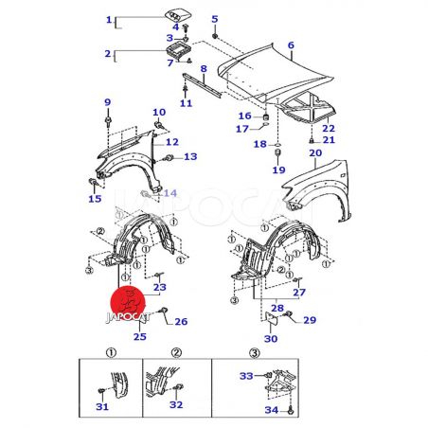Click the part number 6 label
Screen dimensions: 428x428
click(x=291, y=45)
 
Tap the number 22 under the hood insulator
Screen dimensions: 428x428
click(x=329, y=129)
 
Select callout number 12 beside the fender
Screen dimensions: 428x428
click(x=172, y=142)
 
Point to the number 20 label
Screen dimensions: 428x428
click(x=315, y=152)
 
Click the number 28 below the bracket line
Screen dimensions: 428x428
click(x=277, y=308)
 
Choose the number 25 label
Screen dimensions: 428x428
click(x=140, y=336)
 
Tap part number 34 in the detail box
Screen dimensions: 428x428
click(x=272, y=410)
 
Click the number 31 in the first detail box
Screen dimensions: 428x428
click(x=102, y=406)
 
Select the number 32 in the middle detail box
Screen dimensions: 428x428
click(x=176, y=404)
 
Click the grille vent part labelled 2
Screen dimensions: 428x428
click(x=179, y=50)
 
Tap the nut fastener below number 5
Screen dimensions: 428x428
click(x=215, y=36)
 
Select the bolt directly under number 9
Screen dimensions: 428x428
click(x=108, y=120)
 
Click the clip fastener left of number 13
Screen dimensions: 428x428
click(x=169, y=158)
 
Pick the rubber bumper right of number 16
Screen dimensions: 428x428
click(x=266, y=117)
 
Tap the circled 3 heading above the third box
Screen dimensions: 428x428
click(x=255, y=352)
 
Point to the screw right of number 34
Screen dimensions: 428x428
click(x=291, y=411)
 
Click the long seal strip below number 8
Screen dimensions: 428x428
click(x=202, y=84)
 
